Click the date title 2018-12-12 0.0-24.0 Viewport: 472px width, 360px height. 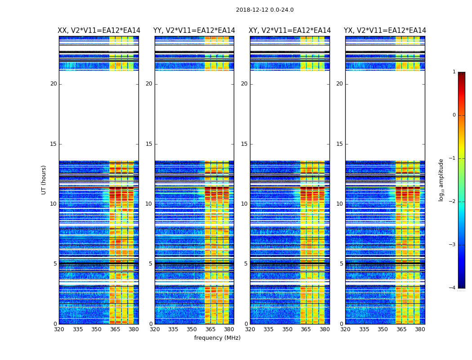265,10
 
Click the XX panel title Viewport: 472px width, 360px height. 99,31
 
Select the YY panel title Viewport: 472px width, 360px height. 194,31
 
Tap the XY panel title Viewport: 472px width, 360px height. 290,31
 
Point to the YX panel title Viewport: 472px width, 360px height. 385,31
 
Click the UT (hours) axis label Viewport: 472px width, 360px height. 44,180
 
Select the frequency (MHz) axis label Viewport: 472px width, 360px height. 217,338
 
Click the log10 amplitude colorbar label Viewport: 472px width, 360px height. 441,180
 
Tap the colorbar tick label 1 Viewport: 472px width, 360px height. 454,72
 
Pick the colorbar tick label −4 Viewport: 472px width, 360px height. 453,288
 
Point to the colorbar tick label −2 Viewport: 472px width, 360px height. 453,202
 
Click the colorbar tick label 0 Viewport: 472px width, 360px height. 454,115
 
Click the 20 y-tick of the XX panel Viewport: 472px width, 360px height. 53,84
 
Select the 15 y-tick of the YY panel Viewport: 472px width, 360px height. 149,144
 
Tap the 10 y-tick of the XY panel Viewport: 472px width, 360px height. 244,204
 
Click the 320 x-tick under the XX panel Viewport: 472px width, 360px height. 59,329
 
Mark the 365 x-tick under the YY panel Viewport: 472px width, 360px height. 210,329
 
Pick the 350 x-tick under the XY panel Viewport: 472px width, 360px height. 287,329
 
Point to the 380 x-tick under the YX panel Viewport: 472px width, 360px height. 420,329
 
